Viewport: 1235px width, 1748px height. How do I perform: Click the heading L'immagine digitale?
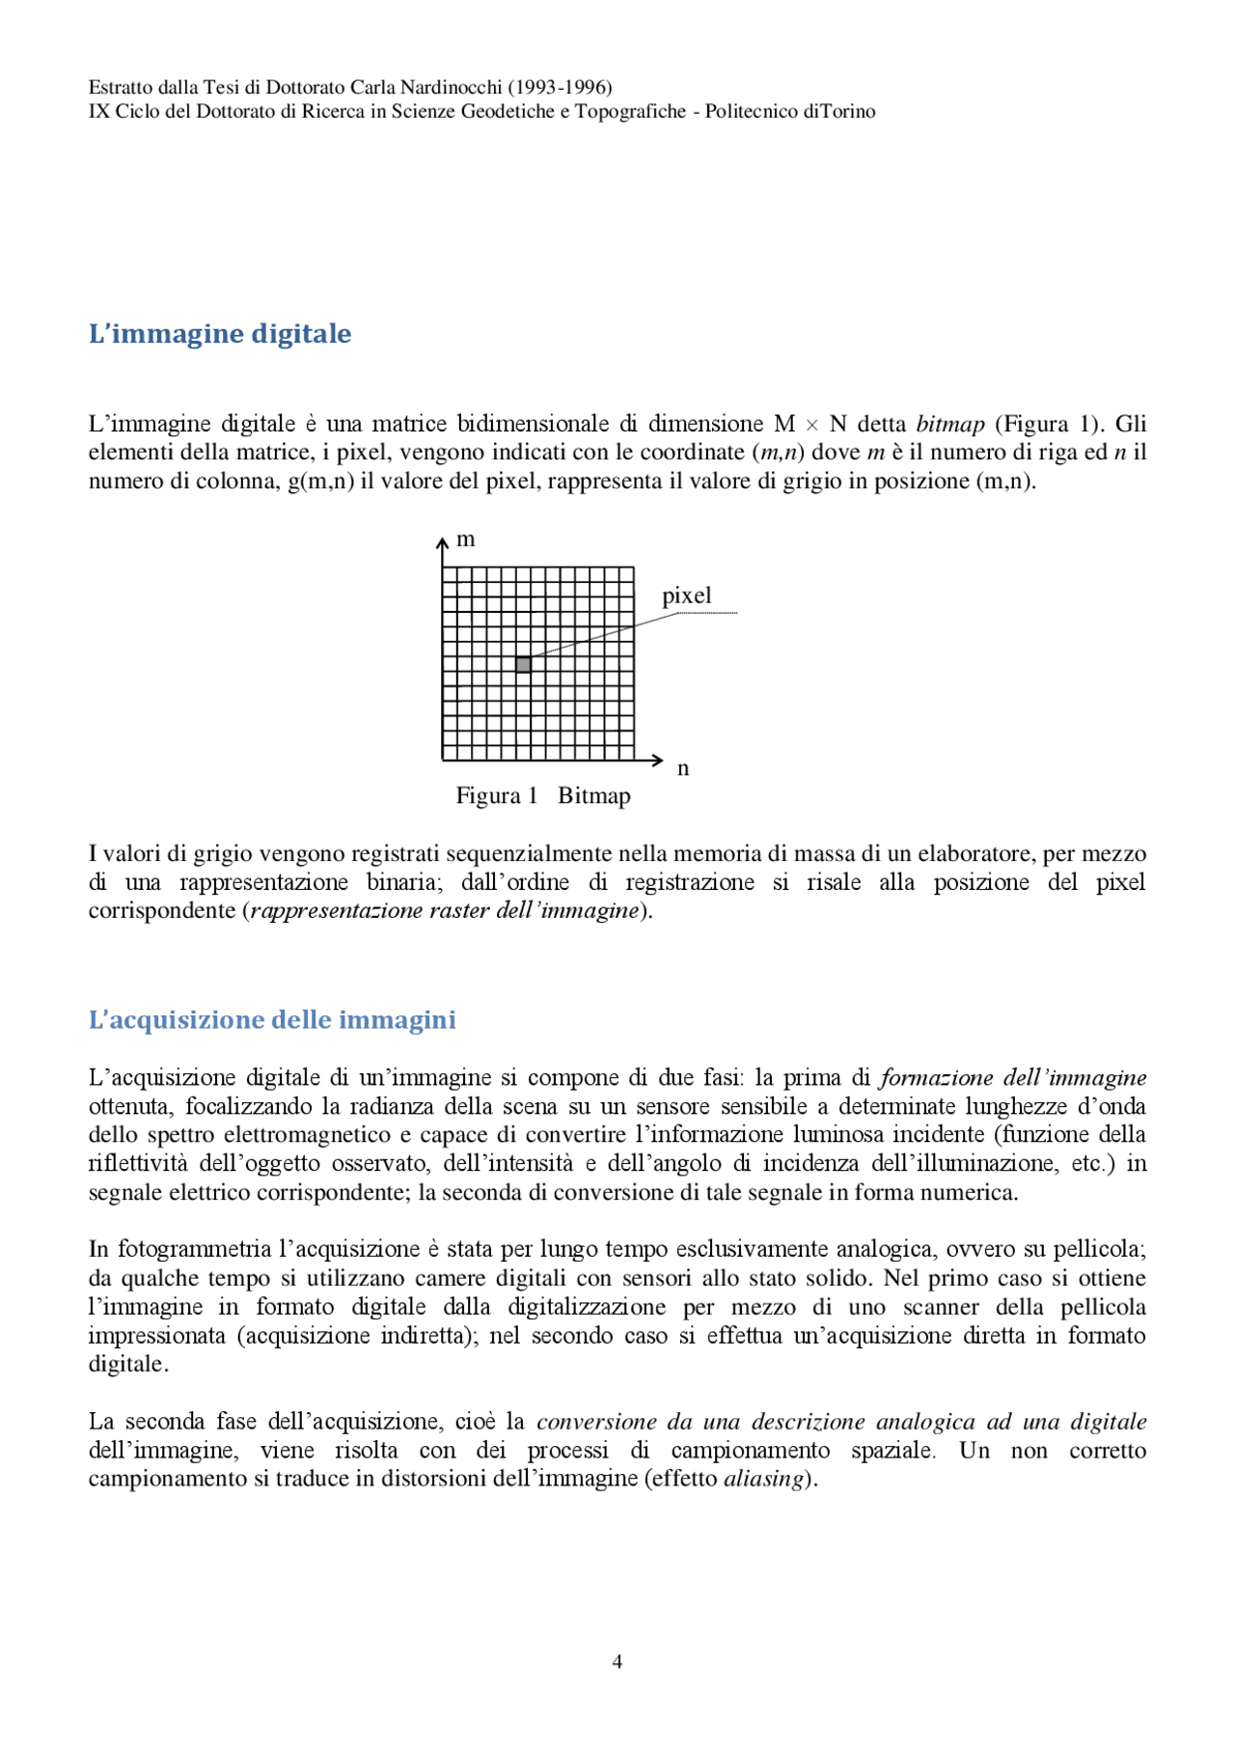(220, 334)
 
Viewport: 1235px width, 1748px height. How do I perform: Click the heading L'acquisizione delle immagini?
(272, 1020)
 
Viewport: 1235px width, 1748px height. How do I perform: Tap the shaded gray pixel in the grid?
(523, 665)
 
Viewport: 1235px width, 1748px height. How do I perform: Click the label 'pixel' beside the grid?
(686, 597)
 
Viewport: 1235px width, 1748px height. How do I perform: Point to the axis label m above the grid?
(466, 540)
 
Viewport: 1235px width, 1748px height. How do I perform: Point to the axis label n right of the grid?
(683, 769)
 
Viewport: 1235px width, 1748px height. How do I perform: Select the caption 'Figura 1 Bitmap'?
(543, 796)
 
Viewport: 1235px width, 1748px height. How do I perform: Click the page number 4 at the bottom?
(617, 1661)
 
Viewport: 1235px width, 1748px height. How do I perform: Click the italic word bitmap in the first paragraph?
(950, 425)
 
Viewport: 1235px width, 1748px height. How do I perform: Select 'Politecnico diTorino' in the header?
(790, 112)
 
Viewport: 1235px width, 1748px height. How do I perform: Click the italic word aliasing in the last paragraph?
(763, 1480)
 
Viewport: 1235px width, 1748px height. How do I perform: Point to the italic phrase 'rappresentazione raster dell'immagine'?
(446, 911)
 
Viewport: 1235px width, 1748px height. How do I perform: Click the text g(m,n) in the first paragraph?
(320, 482)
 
